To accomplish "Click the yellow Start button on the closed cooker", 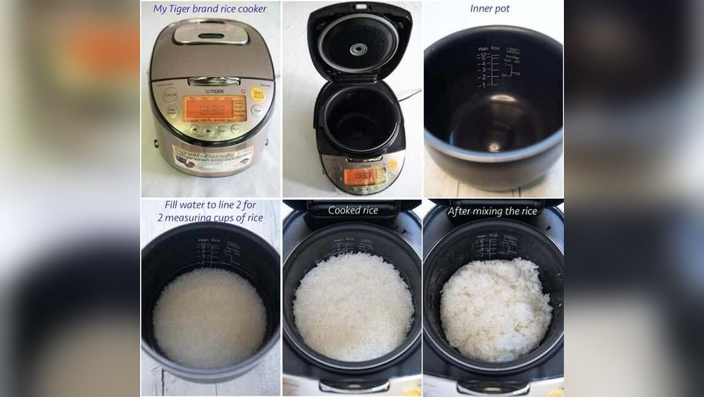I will (258, 94).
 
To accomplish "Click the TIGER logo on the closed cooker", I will (214, 91).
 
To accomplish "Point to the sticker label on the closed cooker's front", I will (213, 157).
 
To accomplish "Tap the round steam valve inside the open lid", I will (359, 49).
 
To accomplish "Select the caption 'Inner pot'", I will (490, 9).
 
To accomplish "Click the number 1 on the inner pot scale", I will (483, 85).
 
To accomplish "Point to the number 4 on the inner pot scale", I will (483, 63).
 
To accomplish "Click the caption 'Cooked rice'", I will (353, 210).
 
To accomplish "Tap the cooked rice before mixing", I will (353, 307).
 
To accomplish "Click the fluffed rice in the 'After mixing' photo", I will (496, 310).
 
